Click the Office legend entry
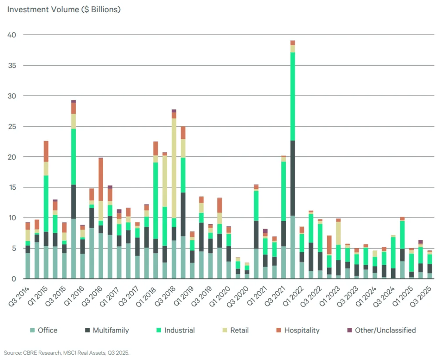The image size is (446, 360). click(x=47, y=330)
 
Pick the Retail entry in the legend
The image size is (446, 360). click(x=239, y=330)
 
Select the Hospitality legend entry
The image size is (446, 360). click(x=301, y=330)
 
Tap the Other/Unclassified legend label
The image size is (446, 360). click(x=385, y=330)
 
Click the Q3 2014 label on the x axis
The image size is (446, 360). click(x=20, y=296)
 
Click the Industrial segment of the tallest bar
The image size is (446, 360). click(x=293, y=96)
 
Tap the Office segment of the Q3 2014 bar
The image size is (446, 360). click(x=27, y=266)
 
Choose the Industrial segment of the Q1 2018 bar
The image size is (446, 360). click(x=155, y=200)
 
